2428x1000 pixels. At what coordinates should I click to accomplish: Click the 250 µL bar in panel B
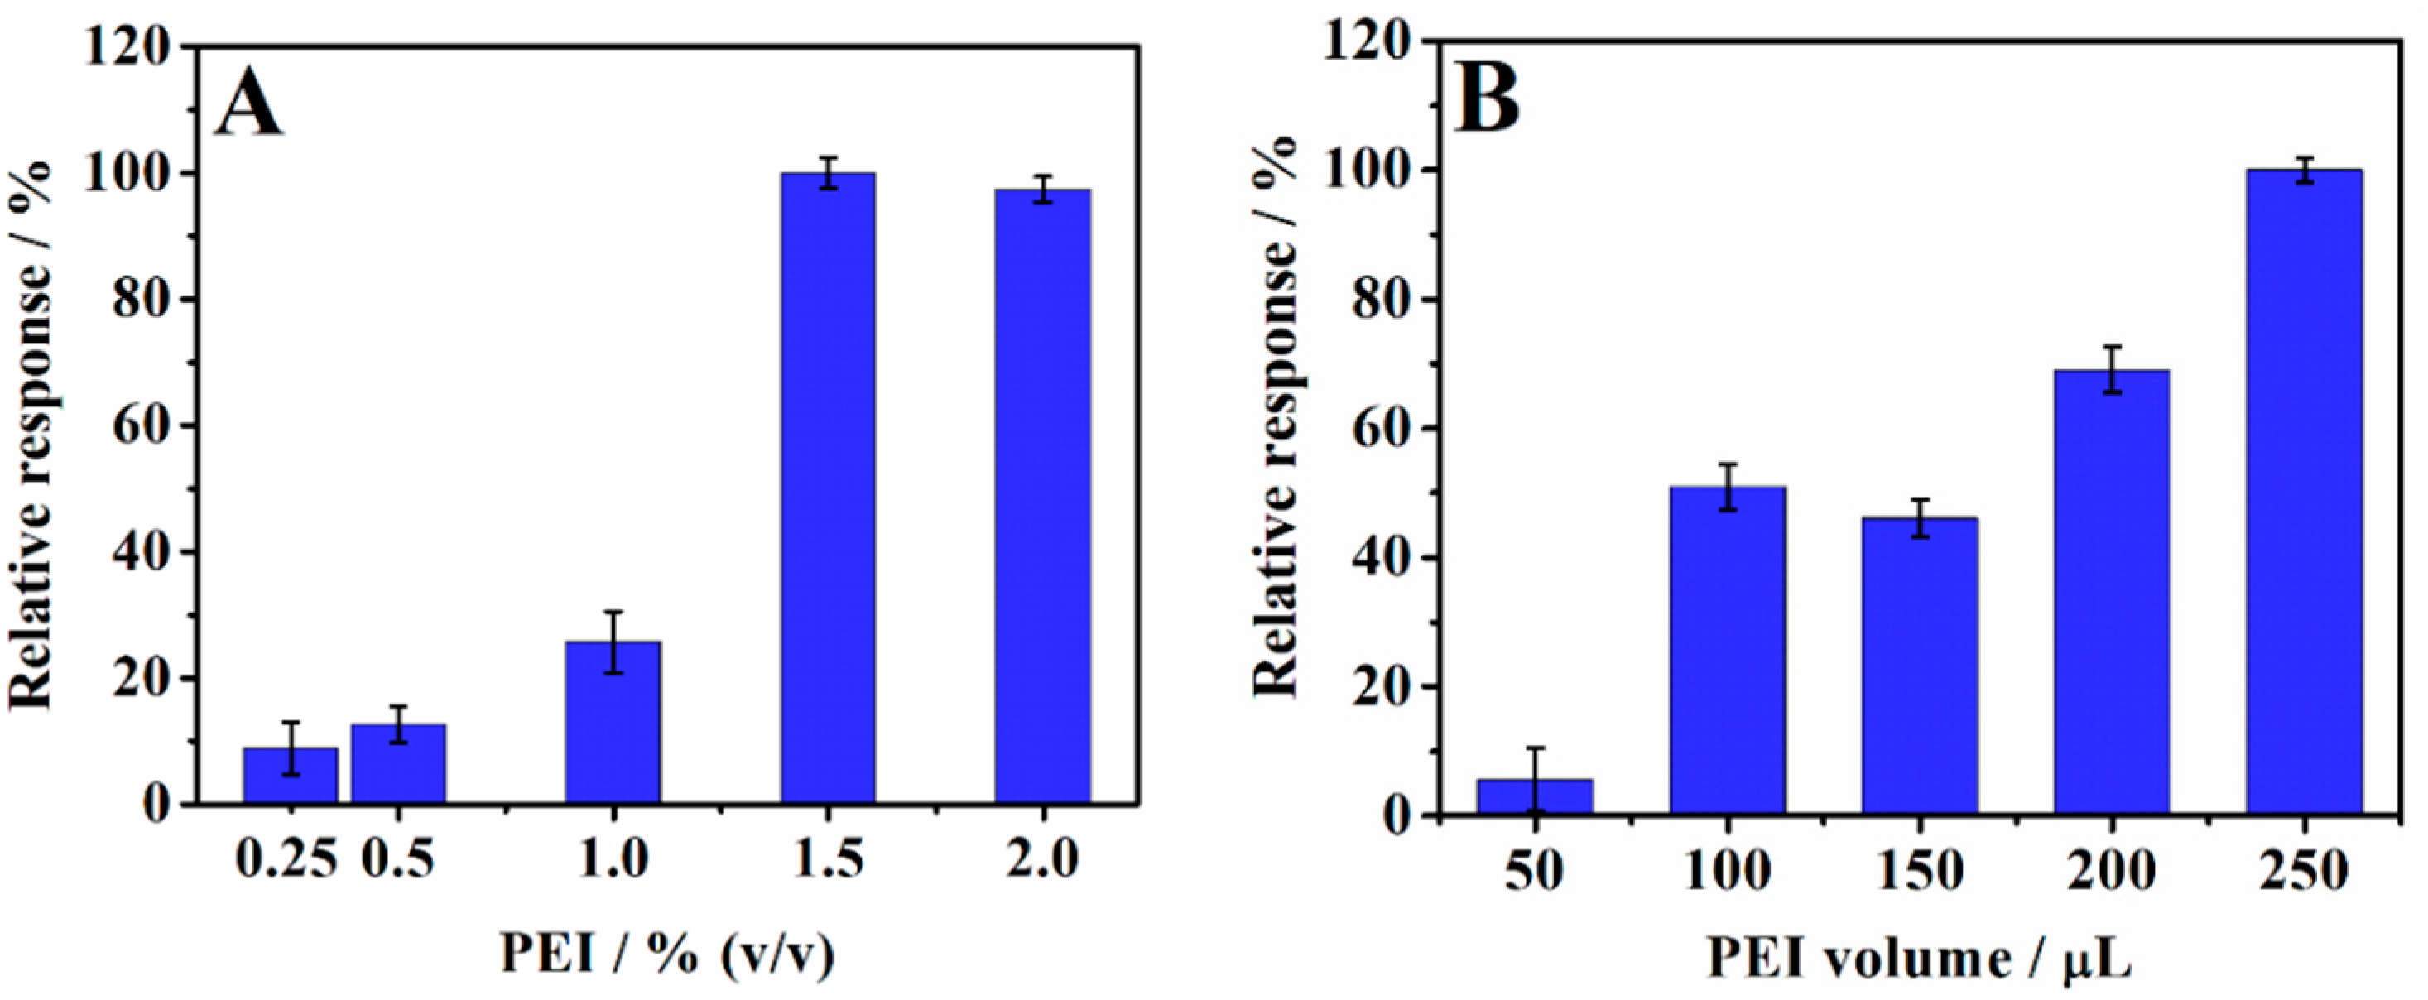point(2304,491)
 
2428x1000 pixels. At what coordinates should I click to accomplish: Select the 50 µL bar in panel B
point(1536,796)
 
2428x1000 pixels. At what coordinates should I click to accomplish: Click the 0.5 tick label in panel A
point(399,860)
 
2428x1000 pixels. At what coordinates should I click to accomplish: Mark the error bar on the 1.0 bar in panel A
point(613,642)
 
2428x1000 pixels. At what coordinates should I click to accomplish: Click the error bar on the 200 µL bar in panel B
point(2113,369)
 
